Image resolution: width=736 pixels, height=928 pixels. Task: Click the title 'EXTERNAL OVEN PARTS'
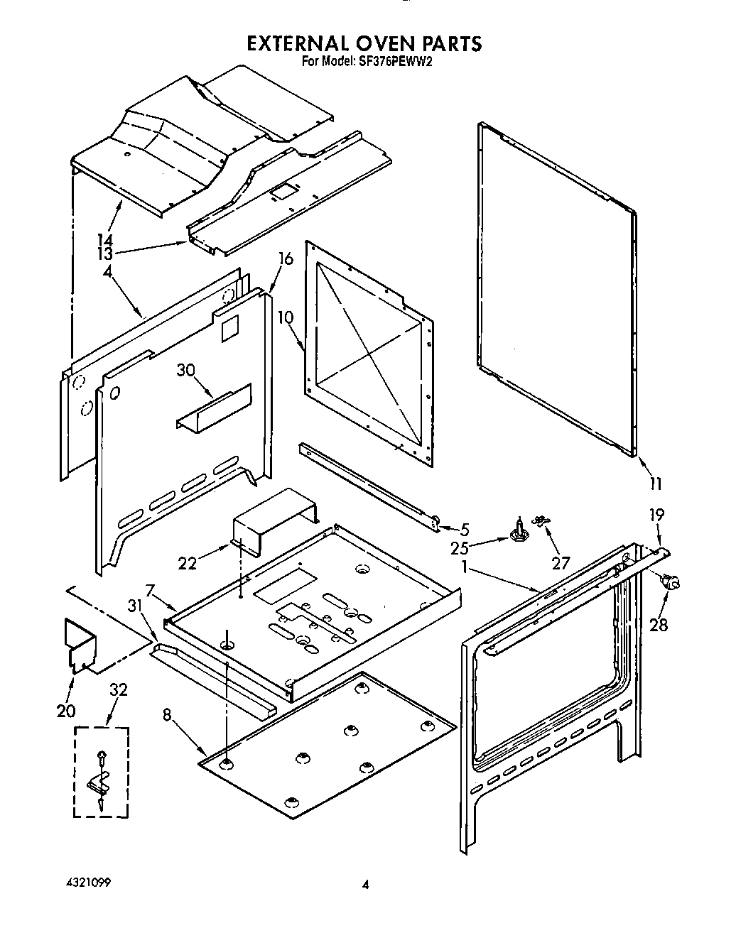[x=364, y=43]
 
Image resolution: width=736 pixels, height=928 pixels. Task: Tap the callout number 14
[x=104, y=240]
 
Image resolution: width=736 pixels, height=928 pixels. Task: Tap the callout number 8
[x=167, y=716]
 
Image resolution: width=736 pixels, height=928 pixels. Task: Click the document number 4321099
[x=85, y=883]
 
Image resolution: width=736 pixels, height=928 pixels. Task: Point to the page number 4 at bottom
[x=365, y=885]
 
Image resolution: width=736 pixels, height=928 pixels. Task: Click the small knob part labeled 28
[x=670, y=583]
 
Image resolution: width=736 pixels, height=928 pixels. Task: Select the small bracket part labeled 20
[x=80, y=644]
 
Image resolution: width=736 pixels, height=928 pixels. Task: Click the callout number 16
[x=285, y=260]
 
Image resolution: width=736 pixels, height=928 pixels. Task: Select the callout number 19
[x=657, y=514]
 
